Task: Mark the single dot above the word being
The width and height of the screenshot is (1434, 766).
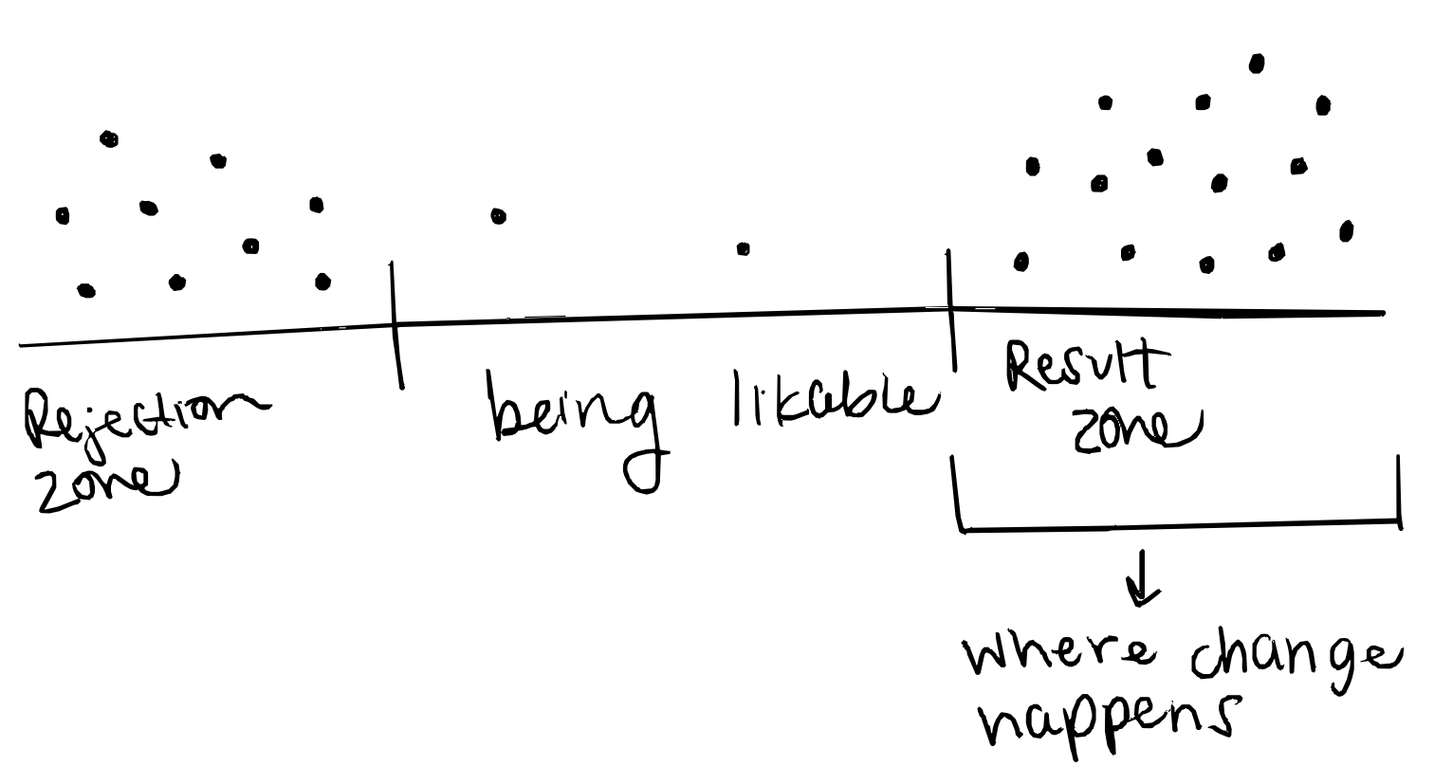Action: pyautogui.click(x=498, y=216)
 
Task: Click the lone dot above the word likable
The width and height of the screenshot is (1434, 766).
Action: pyautogui.click(x=744, y=249)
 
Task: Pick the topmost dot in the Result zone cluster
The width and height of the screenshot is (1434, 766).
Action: pyautogui.click(x=1257, y=64)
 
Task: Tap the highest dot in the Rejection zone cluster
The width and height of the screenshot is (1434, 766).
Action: pyautogui.click(x=109, y=139)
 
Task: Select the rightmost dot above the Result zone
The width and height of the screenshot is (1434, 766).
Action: pyautogui.click(x=1346, y=230)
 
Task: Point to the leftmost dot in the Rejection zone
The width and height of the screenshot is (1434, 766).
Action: pyautogui.click(x=63, y=215)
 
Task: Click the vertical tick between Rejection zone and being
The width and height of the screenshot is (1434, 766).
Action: pyautogui.click(x=395, y=323)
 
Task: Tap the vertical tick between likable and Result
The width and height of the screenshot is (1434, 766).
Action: pyautogui.click(x=949, y=308)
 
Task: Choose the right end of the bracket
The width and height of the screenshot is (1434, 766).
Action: pyautogui.click(x=1398, y=488)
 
